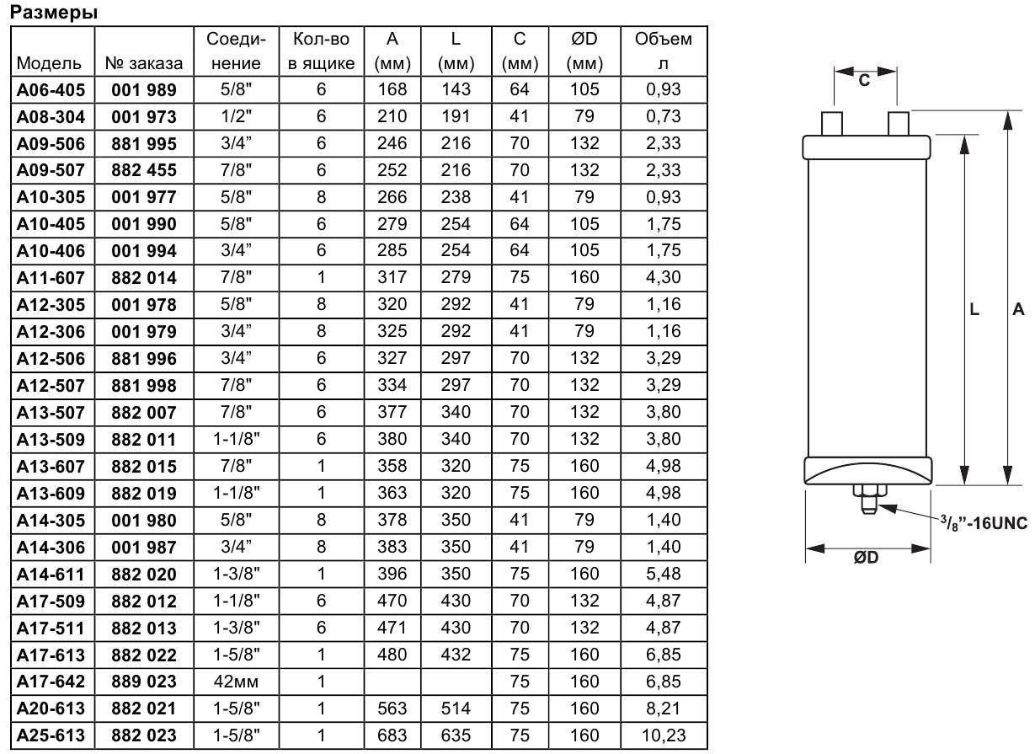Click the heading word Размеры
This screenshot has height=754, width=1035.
click(54, 13)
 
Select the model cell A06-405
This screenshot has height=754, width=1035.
click(51, 89)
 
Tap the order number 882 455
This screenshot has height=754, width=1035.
click(144, 170)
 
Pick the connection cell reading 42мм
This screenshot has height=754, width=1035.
click(236, 682)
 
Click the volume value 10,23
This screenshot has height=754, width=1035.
click(664, 735)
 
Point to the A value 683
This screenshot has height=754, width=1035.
click(392, 735)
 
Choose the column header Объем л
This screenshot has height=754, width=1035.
click(664, 51)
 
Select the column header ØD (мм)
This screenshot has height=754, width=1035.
click(584, 51)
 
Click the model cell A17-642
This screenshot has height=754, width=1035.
click(51, 682)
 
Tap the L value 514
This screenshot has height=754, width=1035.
click(456, 709)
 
